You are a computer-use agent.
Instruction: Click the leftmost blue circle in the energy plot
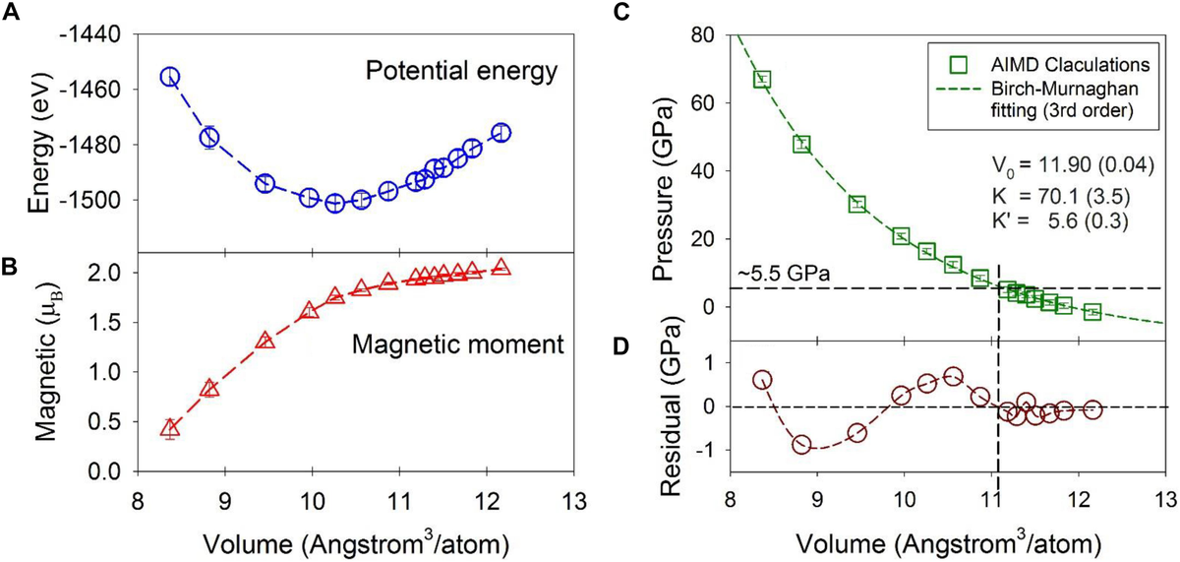click(170, 77)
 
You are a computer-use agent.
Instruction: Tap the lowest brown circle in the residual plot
click(801, 445)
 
